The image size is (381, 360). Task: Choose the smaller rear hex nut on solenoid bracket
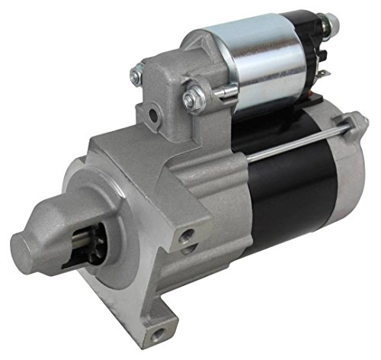point(136,75)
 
